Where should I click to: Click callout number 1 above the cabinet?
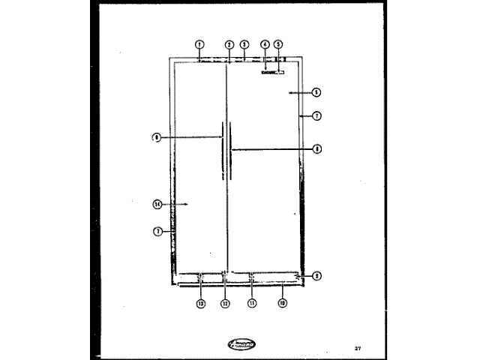coord(199,44)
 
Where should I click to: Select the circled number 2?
coord(228,44)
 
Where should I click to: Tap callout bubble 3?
coord(244,44)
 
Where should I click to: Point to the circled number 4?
coord(265,44)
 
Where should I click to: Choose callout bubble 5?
coord(278,44)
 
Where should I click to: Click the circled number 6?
coord(316,92)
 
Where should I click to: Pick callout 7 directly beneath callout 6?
coord(316,116)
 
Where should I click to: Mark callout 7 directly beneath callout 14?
coord(157,232)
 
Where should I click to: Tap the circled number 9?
coord(316,276)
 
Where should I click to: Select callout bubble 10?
coord(282,303)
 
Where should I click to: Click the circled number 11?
coord(252,303)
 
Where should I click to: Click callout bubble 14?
coord(157,203)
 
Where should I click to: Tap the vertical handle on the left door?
coord(222,150)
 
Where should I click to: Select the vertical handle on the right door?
coord(231,150)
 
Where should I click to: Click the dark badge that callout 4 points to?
coord(268,73)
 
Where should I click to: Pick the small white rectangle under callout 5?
coord(280,73)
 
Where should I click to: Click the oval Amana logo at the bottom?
coord(239,344)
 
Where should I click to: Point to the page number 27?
coord(358,348)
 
